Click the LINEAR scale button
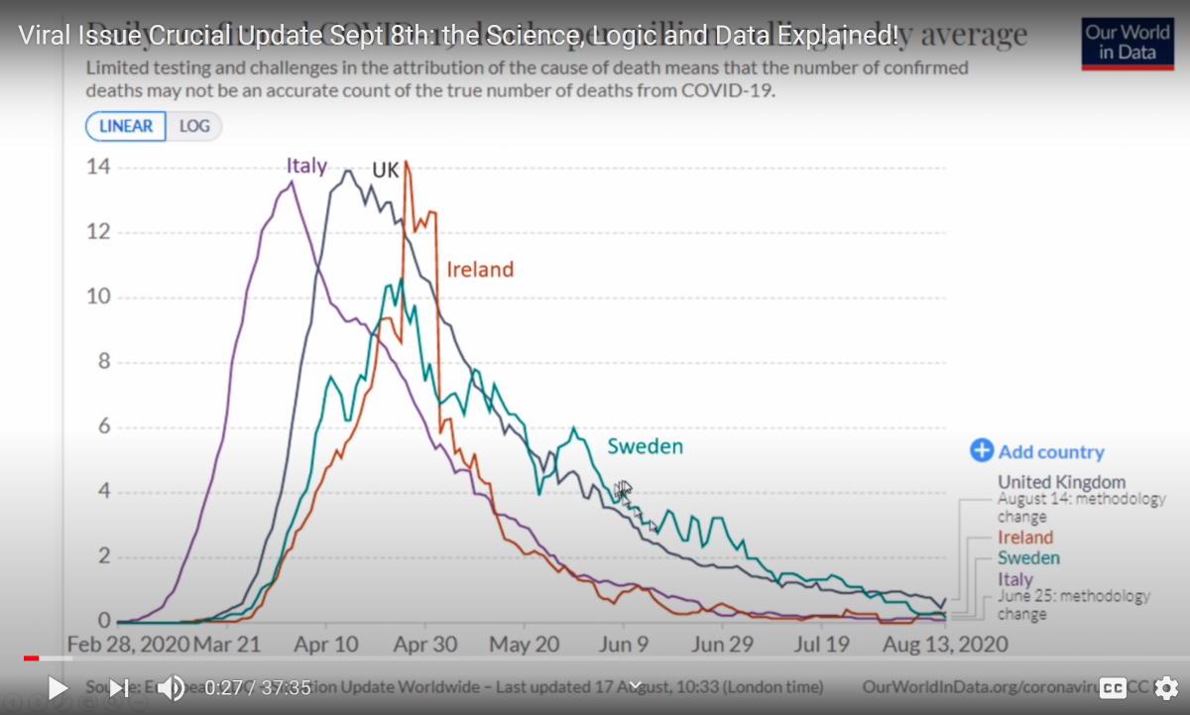pyautogui.click(x=126, y=126)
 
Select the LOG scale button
pyautogui.click(x=194, y=126)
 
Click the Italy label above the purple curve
pyautogui.click(x=306, y=166)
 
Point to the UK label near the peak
pyautogui.click(x=385, y=171)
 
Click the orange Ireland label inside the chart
pyautogui.click(x=480, y=269)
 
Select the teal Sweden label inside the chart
pyautogui.click(x=646, y=446)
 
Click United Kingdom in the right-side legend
pyautogui.click(x=1061, y=483)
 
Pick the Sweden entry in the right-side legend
pyautogui.click(x=1028, y=558)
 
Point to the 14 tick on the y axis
pyautogui.click(x=97, y=168)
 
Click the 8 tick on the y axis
pyautogui.click(x=103, y=363)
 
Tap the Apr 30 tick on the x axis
pyautogui.click(x=425, y=645)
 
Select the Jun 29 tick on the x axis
pyautogui.click(x=722, y=645)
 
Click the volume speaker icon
pyautogui.click(x=171, y=687)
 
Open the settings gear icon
pyautogui.click(x=1166, y=687)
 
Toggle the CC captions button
pyautogui.click(x=1114, y=687)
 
